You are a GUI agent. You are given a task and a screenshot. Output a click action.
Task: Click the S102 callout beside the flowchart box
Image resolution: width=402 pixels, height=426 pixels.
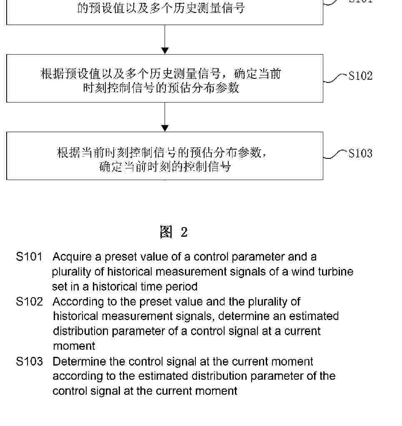pyautogui.click(x=360, y=76)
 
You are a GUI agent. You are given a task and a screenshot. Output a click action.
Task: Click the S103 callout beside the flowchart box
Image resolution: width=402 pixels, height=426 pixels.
pyautogui.click(x=360, y=153)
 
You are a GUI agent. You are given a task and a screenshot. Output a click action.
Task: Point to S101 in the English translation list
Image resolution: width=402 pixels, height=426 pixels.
pyautogui.click(x=29, y=257)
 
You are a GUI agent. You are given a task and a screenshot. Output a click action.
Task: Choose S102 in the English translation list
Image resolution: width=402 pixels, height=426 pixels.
pyautogui.click(x=29, y=302)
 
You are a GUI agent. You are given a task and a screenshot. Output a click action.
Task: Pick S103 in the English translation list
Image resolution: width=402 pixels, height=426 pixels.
pyautogui.click(x=29, y=361)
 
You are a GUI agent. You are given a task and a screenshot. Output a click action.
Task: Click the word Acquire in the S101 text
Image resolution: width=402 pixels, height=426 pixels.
pyautogui.click(x=69, y=257)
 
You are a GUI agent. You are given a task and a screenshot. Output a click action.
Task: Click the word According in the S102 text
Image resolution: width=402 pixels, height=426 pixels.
pyautogui.click(x=73, y=302)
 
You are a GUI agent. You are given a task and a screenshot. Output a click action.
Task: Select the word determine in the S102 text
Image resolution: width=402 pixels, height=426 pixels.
pyautogui.click(x=239, y=316)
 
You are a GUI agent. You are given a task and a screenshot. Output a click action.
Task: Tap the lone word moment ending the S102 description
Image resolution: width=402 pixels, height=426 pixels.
pyautogui.click(x=74, y=346)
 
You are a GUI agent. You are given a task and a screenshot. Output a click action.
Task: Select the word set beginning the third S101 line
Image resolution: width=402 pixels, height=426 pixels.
pyautogui.click(x=59, y=287)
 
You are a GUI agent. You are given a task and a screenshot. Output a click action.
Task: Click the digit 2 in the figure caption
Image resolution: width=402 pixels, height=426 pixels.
pyautogui.click(x=184, y=232)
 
